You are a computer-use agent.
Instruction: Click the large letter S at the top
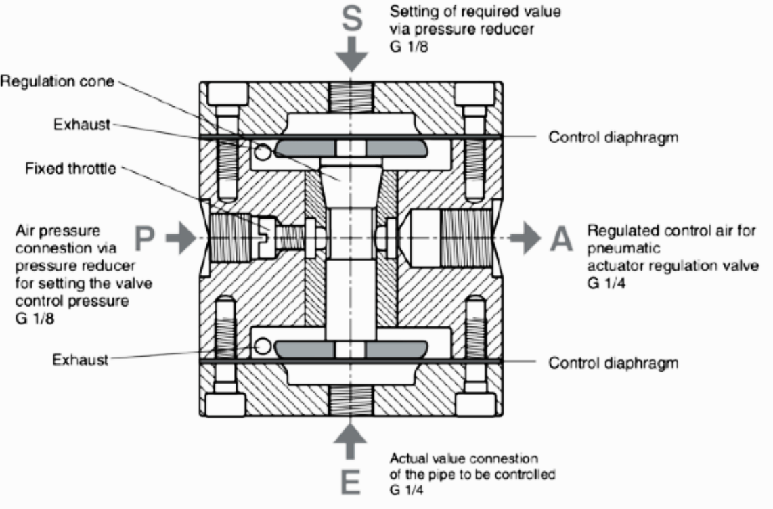352,19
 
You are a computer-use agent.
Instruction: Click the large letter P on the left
144,238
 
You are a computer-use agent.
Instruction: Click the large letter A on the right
561,238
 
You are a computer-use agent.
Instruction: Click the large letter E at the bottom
351,481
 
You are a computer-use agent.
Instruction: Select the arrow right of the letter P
181,238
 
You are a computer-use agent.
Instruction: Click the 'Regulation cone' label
57,81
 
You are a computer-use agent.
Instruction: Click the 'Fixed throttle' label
70,169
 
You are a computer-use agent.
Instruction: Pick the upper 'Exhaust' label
81,124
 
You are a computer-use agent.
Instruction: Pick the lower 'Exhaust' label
80,359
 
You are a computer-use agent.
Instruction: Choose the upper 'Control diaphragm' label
613,137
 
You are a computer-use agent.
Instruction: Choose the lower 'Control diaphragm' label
613,363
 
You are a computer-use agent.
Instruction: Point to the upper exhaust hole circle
263,152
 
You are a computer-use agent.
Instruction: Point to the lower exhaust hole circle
263,346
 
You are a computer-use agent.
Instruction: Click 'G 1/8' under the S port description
409,47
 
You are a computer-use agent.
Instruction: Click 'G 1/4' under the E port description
407,490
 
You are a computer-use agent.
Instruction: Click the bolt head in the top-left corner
227,93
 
